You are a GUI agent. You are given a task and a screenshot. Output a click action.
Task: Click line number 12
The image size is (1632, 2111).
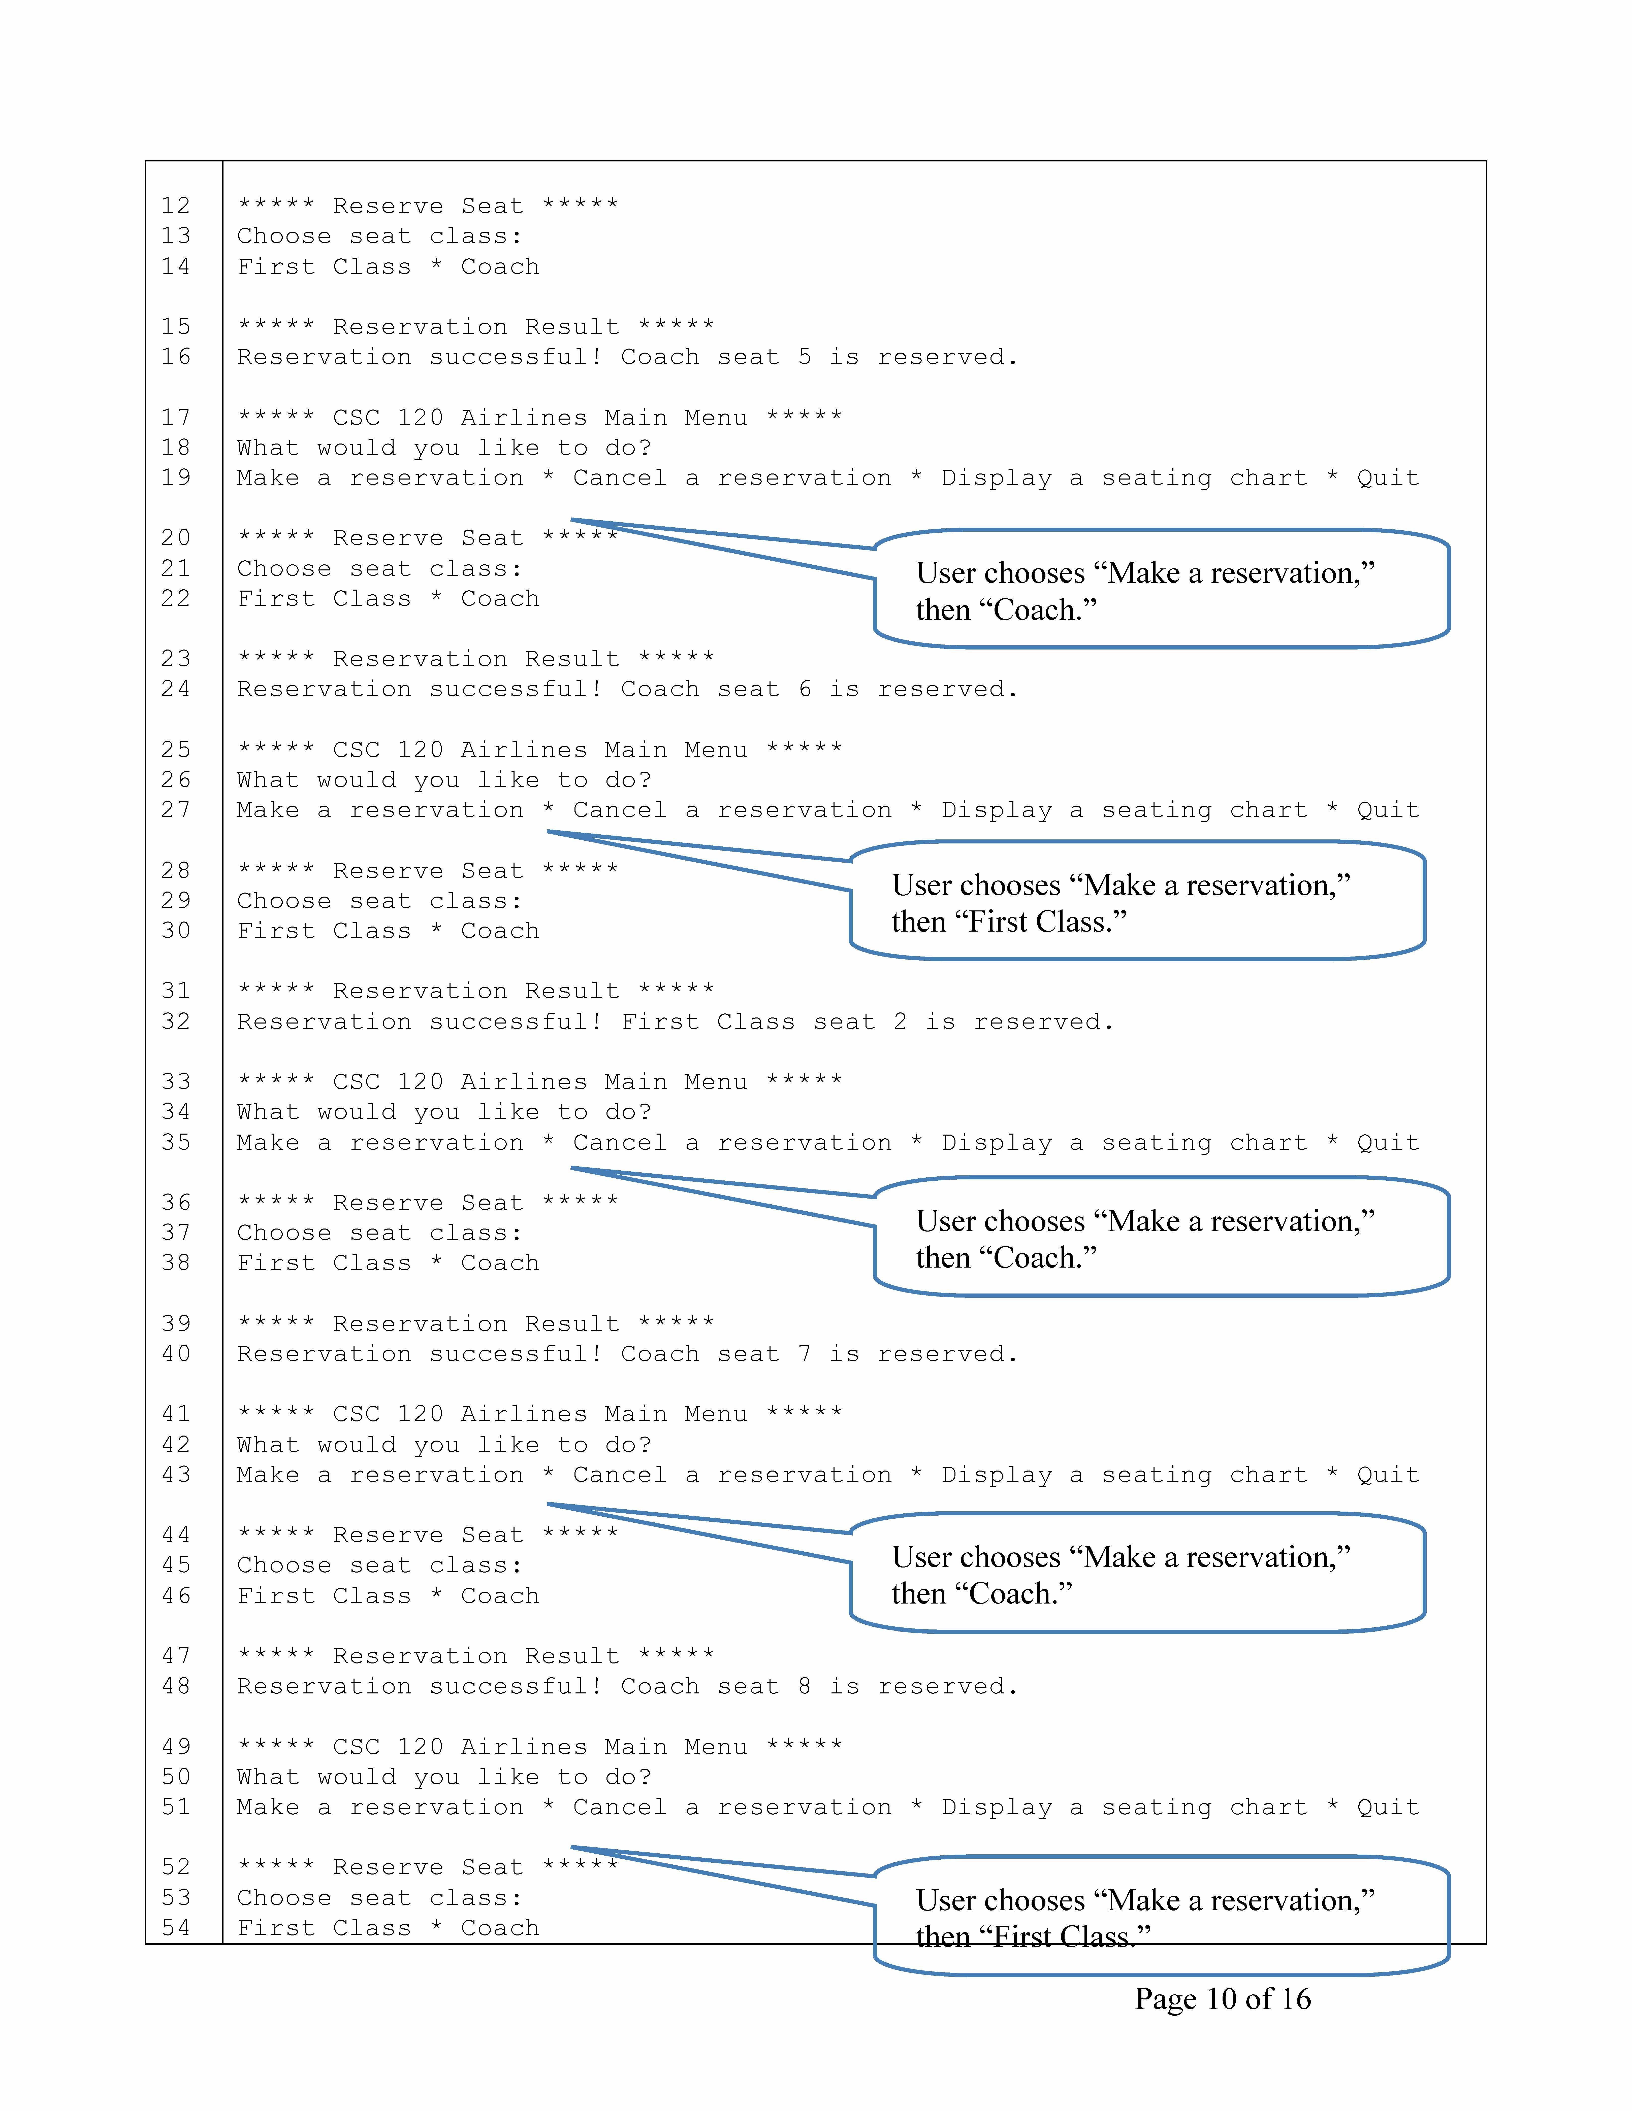pos(176,206)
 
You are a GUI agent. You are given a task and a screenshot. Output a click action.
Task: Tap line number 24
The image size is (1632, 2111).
pos(176,689)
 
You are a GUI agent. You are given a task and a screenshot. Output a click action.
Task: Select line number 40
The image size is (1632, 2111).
pos(176,1354)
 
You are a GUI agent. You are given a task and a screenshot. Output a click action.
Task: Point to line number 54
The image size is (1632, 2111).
pos(176,1928)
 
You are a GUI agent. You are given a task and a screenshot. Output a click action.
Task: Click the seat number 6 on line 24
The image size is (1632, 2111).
pos(804,689)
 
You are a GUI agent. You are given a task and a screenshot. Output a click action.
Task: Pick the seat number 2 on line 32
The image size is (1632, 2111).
pos(900,1022)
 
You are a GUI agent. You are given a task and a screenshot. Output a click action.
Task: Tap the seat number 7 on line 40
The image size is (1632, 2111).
pos(804,1354)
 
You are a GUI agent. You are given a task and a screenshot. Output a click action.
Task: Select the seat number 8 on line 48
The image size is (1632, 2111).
pos(804,1687)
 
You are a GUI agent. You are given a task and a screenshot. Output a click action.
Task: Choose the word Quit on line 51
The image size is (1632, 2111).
pos(1387,1808)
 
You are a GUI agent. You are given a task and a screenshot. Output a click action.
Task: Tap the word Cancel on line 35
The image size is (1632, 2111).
pos(620,1142)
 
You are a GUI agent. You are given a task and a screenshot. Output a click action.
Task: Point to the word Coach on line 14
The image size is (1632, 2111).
pos(500,267)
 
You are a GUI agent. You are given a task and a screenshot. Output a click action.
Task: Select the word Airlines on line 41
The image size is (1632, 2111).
pos(523,1414)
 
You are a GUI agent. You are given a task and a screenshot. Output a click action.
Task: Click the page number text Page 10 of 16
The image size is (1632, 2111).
pos(1222,1999)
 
